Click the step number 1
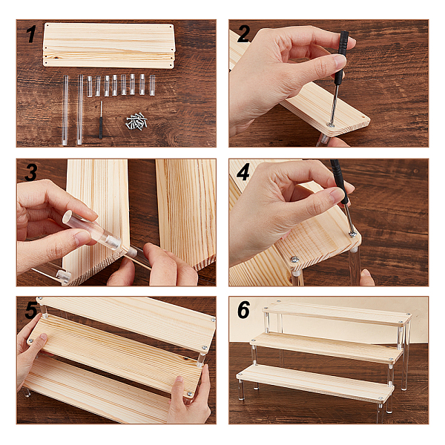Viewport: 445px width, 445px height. click(x=30, y=34)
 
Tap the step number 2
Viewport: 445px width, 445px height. click(x=244, y=34)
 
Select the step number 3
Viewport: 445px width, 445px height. click(x=30, y=172)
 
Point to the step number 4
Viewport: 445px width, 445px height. click(x=243, y=172)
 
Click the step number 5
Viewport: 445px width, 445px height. click(x=31, y=310)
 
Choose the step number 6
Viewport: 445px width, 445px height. click(x=244, y=310)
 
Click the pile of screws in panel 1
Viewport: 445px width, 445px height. click(x=136, y=122)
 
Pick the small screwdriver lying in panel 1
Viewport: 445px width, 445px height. click(x=101, y=120)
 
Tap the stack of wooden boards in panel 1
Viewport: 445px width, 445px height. click(x=109, y=45)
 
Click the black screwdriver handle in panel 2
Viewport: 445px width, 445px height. click(x=341, y=58)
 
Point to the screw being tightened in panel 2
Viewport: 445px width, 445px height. click(x=331, y=125)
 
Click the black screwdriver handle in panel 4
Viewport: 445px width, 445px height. click(x=340, y=181)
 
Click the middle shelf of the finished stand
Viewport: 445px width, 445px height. click(x=327, y=349)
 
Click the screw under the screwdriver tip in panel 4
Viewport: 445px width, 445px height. click(x=353, y=234)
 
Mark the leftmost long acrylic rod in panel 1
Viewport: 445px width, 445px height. click(x=65, y=111)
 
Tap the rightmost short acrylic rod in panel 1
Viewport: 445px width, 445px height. click(x=152, y=85)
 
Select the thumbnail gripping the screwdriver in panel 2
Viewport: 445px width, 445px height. click(x=340, y=61)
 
